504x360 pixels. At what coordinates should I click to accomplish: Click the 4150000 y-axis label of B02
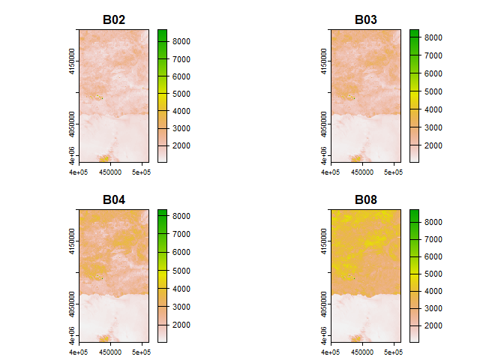71,56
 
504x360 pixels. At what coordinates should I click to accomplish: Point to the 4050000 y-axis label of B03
323,122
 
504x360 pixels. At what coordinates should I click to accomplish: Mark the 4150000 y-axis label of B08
323,236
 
